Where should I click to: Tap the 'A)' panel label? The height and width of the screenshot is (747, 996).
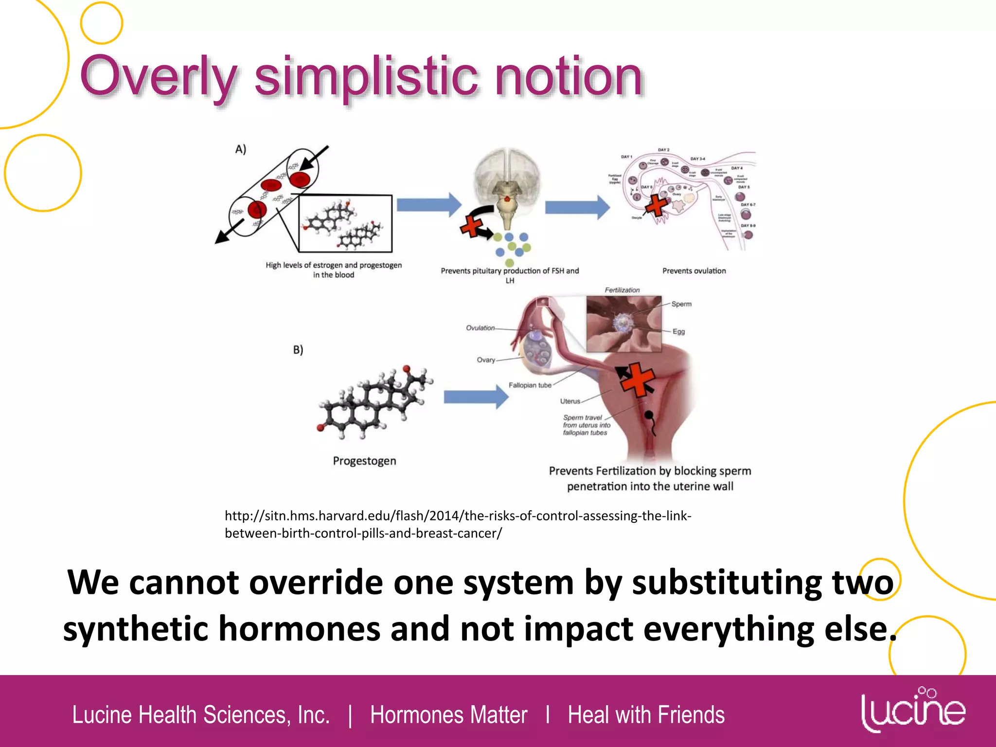pyautogui.click(x=241, y=149)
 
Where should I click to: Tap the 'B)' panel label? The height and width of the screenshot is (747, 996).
pyautogui.click(x=298, y=350)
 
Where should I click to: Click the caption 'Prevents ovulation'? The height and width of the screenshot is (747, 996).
pyautogui.click(x=694, y=271)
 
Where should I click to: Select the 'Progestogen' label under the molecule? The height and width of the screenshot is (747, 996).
pyautogui.click(x=364, y=461)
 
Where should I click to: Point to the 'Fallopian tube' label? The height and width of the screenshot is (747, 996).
pyautogui.click(x=530, y=385)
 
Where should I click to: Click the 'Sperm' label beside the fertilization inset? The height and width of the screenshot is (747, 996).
pyautogui.click(x=681, y=304)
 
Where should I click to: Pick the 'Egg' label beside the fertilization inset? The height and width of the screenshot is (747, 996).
pyautogui.click(x=678, y=332)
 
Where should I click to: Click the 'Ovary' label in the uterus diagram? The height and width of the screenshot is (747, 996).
pyautogui.click(x=486, y=360)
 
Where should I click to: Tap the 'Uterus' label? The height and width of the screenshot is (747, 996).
pyautogui.click(x=570, y=401)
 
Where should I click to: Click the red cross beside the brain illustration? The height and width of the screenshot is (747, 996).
pyautogui.click(x=472, y=226)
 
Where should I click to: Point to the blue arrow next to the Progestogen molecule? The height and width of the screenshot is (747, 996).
pyautogui.click(x=476, y=397)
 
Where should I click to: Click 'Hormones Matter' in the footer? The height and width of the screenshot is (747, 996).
pyautogui.click(x=448, y=715)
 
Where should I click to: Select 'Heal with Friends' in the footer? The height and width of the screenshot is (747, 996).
pyautogui.click(x=646, y=715)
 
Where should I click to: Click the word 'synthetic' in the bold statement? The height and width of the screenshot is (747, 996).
pyautogui.click(x=136, y=629)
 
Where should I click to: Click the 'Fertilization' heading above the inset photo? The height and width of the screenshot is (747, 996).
pyautogui.click(x=622, y=290)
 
